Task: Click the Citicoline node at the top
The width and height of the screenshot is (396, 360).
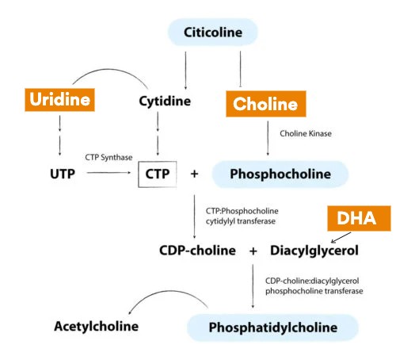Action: click(213, 33)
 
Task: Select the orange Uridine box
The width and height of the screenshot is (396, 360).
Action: click(59, 100)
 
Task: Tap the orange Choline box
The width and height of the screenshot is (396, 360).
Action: click(266, 104)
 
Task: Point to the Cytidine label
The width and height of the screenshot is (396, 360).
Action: click(165, 101)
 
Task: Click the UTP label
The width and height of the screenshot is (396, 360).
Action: click(63, 174)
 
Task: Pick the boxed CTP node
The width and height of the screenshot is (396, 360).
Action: click(158, 174)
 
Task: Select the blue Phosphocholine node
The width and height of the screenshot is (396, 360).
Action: click(280, 174)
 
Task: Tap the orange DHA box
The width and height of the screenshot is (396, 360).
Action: click(359, 218)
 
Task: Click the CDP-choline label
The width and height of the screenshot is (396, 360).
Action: click(197, 251)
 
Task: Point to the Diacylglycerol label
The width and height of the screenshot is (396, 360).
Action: click(314, 251)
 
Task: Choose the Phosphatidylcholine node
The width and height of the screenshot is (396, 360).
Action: click(272, 327)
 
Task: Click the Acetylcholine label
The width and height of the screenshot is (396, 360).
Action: click(97, 326)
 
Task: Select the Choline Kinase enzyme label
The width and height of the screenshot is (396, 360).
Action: click(306, 133)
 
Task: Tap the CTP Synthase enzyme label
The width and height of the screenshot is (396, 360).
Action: click(109, 158)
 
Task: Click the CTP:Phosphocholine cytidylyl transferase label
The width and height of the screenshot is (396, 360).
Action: click(242, 216)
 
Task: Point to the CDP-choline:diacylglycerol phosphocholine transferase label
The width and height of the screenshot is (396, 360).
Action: click(314, 285)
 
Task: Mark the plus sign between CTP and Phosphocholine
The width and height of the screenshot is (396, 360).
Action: click(194, 174)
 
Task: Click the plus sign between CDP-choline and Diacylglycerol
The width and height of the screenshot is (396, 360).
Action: click(253, 251)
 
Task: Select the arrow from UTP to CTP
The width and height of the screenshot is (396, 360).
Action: click(109, 173)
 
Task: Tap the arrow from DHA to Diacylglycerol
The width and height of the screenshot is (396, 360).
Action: click(341, 237)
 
